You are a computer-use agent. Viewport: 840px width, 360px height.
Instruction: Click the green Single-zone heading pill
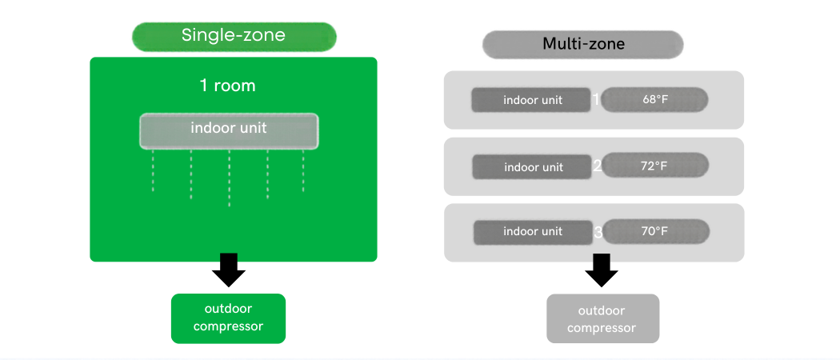pos(234,36)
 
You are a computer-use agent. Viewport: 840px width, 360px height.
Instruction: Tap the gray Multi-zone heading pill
pos(583,44)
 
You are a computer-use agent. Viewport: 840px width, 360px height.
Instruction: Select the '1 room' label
pos(228,86)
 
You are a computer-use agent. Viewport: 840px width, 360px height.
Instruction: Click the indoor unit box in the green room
pos(229,130)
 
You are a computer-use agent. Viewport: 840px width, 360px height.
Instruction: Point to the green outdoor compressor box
pos(228,318)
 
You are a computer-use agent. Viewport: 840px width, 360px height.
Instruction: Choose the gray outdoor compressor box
pos(602,318)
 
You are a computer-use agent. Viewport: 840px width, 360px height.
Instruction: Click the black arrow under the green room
pos(229,270)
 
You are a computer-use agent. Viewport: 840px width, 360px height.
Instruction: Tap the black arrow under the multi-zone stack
pos(602,270)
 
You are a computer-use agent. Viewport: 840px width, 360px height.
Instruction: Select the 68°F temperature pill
pos(655,100)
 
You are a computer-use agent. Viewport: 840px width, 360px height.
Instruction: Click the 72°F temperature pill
pos(655,166)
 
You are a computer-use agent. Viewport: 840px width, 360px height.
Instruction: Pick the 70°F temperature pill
pos(655,231)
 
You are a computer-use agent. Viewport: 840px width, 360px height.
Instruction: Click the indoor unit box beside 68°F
pos(532,100)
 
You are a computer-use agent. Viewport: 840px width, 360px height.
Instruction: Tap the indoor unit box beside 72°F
pos(533,166)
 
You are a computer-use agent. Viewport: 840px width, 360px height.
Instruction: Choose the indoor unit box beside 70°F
pos(533,231)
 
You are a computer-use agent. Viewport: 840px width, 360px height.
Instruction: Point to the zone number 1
pos(596,100)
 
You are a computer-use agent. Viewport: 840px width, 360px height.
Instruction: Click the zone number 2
pos(597,166)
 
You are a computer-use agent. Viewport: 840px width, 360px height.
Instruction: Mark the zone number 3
pos(598,233)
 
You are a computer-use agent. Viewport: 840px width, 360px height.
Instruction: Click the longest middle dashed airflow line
pos(230,178)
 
